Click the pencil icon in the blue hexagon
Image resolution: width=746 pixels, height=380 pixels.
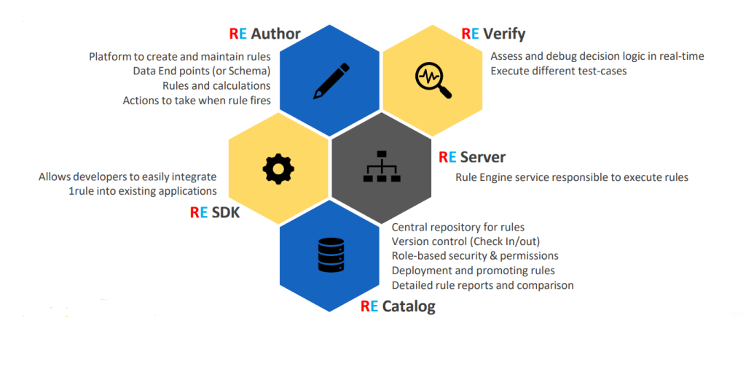pos(331,81)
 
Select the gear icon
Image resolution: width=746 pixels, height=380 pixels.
pos(278,169)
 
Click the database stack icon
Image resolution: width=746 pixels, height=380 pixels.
pos(330,255)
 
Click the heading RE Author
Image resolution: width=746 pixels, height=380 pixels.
pos(264,34)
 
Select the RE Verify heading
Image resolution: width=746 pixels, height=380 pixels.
pos(493,34)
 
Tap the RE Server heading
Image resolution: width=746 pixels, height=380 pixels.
pos(471,157)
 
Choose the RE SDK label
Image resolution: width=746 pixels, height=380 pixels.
pos(215,212)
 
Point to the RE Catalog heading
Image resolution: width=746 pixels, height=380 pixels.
pos(398,306)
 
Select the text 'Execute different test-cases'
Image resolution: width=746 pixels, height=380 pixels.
pos(559,71)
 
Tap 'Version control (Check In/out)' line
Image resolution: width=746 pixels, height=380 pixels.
pos(466,241)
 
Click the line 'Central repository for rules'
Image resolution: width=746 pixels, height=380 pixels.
pos(458,227)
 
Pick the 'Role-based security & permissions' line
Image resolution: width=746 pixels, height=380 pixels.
pos(475,256)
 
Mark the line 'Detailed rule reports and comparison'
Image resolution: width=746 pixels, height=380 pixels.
pos(482,285)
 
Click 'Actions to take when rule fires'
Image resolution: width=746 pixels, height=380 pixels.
pos(197,100)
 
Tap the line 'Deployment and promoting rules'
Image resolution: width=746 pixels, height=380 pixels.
pos(473,271)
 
